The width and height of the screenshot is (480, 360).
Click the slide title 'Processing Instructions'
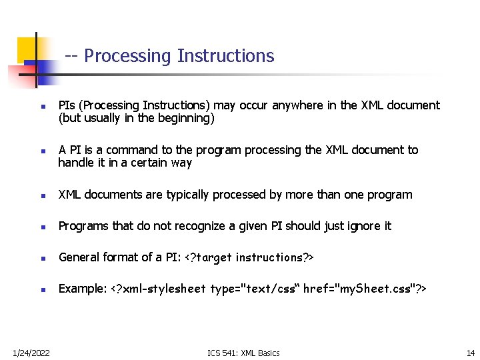pyautogui.click(x=179, y=56)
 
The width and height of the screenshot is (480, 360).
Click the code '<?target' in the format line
pyautogui.click(x=206, y=257)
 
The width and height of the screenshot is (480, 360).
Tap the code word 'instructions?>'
pyautogui.click(x=276, y=257)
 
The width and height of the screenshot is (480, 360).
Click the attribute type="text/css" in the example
pyautogui.click(x=255, y=289)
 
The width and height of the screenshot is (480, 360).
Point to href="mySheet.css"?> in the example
pyautogui.click(x=365, y=289)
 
